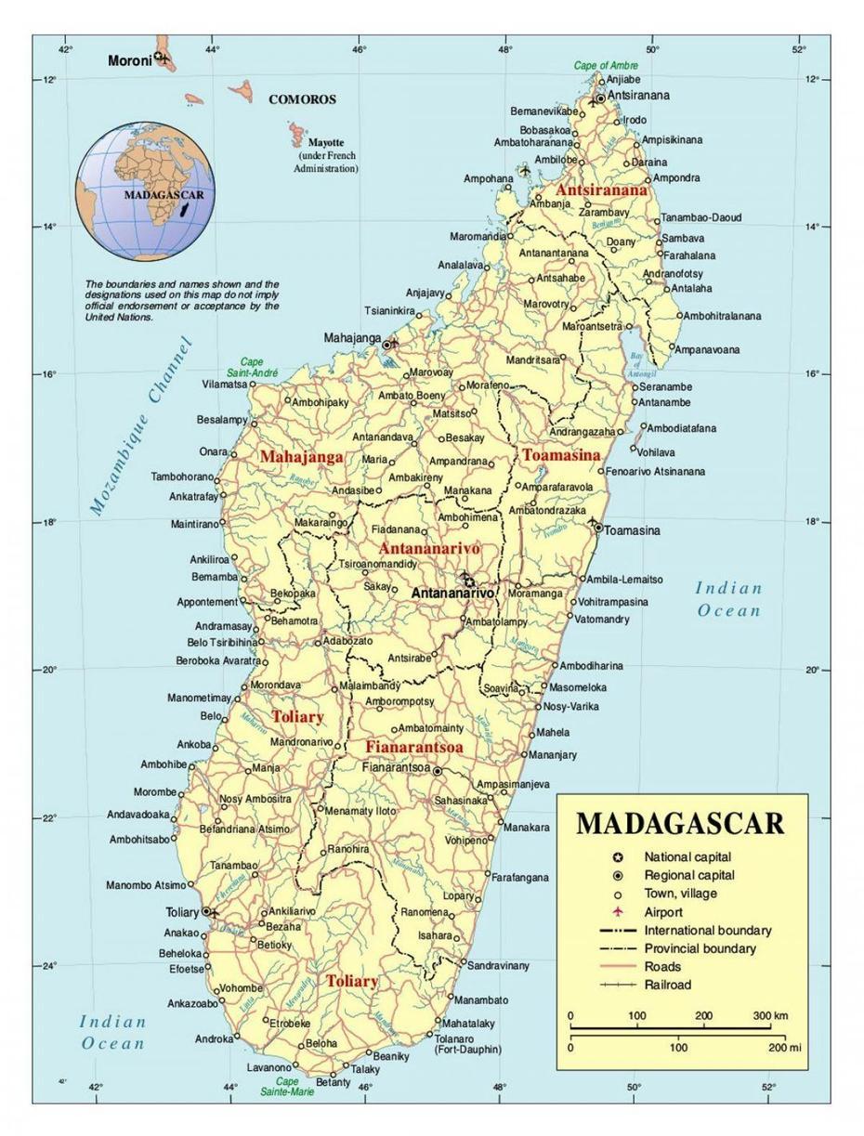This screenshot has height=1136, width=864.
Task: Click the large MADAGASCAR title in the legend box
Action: point(680,823)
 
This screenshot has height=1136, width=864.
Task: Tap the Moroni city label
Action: point(128,61)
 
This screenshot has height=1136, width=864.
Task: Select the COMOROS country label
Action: point(302,99)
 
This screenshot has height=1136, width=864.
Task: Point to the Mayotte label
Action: point(326,143)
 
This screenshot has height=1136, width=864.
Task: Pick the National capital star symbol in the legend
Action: point(617,857)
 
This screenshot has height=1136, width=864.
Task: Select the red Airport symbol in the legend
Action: point(617,912)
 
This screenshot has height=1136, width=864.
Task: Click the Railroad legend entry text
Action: point(668,985)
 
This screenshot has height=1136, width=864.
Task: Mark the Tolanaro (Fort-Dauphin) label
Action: point(467,1043)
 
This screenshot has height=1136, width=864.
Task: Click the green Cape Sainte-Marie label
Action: point(287,1087)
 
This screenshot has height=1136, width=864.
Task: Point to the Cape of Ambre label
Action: point(605,66)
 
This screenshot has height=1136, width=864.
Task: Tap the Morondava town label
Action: point(275,685)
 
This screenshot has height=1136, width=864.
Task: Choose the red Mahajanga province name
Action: point(301,457)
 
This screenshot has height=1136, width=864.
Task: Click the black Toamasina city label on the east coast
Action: point(632,530)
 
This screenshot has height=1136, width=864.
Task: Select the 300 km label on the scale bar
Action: point(770,1015)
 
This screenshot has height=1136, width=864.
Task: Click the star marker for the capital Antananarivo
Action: point(468,582)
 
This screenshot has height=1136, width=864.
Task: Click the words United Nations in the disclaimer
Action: point(119,317)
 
